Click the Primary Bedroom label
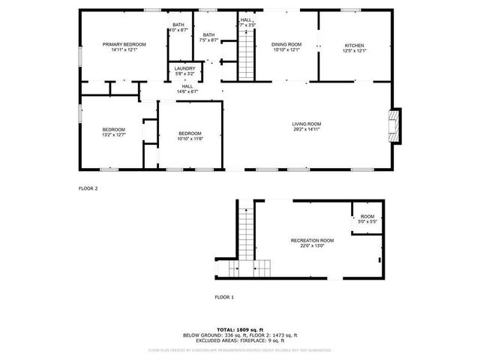tap(124, 45)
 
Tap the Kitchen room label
tap(354, 45)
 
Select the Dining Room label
tap(286, 45)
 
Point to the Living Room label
tap(307, 124)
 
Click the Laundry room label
tap(184, 68)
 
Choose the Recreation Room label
tap(312, 240)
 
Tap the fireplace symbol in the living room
tap(394, 125)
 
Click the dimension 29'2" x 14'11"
tap(307, 129)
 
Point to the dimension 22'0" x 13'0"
tap(312, 245)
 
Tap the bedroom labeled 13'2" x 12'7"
tap(113, 133)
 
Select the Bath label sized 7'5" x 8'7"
tap(208, 37)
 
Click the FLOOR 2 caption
tap(88, 188)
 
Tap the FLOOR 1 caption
tap(224, 298)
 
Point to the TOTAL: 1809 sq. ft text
tap(240, 329)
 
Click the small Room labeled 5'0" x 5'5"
tap(367, 218)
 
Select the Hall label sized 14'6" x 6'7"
tap(186, 88)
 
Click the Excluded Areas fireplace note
tap(240, 340)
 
